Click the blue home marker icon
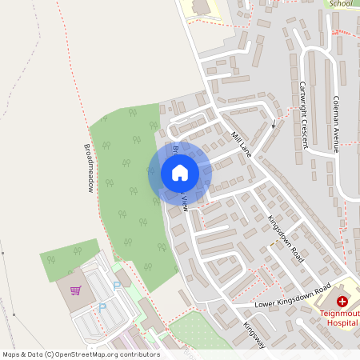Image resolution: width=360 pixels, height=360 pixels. [180, 173]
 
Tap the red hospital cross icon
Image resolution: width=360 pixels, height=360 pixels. [342, 301]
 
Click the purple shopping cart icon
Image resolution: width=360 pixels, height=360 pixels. [76, 290]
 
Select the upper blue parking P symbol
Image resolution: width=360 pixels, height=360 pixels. [116, 285]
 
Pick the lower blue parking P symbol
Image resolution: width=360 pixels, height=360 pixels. [102, 306]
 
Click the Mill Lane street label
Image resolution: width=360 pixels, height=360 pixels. [241, 145]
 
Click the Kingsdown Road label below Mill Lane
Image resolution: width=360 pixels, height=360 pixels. [286, 239]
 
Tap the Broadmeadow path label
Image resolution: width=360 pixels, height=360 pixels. [88, 168]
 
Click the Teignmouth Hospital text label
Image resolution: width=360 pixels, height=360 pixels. [339, 318]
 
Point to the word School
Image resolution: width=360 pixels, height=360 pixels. [340, 3]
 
